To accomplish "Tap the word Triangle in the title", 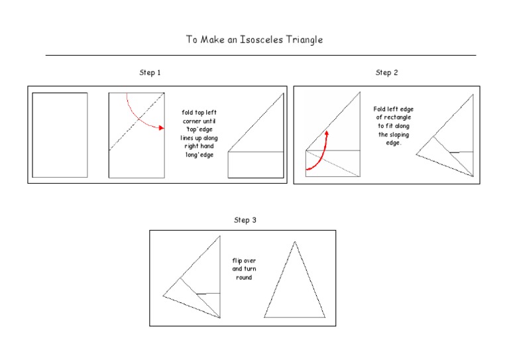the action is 304,40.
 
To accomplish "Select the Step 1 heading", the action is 150,73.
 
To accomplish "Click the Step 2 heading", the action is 386,73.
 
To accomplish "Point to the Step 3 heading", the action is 245,220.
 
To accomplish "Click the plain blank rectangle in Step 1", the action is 60,135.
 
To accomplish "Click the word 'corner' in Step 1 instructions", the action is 196,121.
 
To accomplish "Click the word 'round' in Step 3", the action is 244,278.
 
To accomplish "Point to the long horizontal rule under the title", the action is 260,56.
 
